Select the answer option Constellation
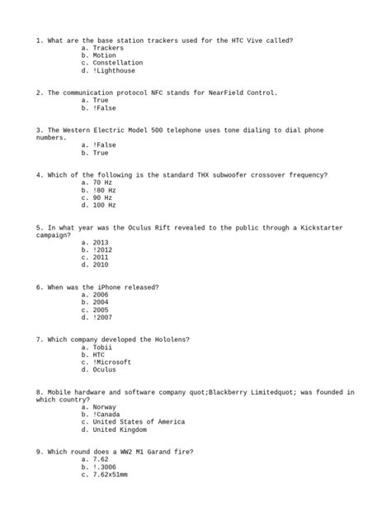pos(117,63)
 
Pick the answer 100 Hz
pos(104,205)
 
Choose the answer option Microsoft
pos(112,363)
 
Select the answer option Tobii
pos(103,348)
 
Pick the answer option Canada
pos(108,415)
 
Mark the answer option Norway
pos(105,407)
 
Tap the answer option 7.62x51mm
pos(110,475)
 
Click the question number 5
pos(39,227)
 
